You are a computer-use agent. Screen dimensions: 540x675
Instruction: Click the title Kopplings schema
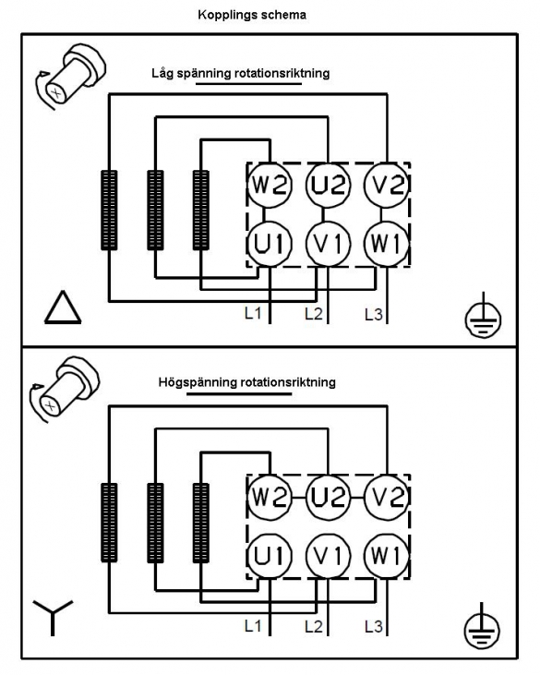tap(252, 15)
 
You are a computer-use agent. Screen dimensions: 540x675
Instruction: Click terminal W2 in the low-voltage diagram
tap(270, 186)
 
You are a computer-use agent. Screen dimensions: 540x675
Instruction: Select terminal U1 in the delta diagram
tap(270, 244)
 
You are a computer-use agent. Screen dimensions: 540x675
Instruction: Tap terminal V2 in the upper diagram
tap(387, 186)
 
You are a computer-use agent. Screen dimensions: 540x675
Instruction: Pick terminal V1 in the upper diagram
tap(328, 244)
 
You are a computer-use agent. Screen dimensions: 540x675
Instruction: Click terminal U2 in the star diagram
tap(328, 498)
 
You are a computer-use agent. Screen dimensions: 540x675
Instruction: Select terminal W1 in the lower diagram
tap(387, 556)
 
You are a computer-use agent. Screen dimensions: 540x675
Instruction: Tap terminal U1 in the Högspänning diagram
tap(270, 556)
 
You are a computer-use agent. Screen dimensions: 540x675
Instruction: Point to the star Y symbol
tap(53, 618)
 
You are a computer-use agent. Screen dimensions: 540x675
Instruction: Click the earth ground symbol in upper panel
tap(483, 316)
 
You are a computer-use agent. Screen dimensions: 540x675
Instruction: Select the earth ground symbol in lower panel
tap(482, 626)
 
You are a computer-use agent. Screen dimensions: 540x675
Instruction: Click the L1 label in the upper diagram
tap(253, 313)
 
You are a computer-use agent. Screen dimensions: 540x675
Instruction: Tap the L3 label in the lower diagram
tap(374, 626)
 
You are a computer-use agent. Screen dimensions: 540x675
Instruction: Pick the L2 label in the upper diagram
tap(314, 314)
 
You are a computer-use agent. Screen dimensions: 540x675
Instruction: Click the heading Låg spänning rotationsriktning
tap(241, 73)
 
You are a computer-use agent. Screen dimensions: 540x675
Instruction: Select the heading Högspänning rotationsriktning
tap(247, 382)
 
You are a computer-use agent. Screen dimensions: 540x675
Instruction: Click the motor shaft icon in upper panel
tap(70, 76)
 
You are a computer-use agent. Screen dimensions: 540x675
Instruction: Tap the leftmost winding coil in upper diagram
tap(109, 211)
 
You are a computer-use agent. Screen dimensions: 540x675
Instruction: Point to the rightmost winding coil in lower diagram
tap(201, 523)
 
